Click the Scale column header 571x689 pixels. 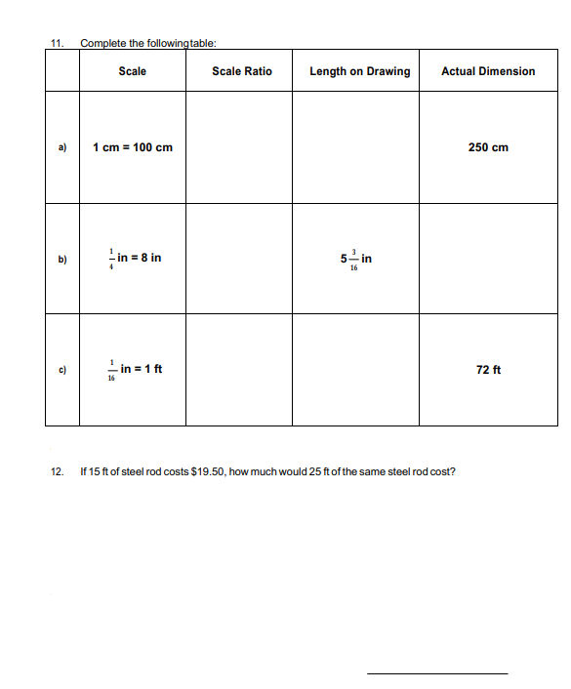coord(132,71)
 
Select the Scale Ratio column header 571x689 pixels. coord(242,71)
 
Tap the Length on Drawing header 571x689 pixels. coord(359,71)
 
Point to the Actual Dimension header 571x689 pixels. coord(488,71)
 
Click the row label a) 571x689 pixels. coord(61,147)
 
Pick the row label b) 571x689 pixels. coord(61,259)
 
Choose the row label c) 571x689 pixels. coord(61,370)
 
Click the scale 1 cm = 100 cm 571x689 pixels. coord(133,147)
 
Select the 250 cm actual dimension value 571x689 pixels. coord(488,147)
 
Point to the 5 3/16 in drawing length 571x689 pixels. coord(356,260)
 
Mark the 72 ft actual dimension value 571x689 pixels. coord(489,370)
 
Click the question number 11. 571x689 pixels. coord(56,43)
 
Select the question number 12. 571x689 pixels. coord(56,472)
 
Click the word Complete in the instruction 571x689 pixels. coord(102,43)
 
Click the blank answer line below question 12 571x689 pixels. coord(436,672)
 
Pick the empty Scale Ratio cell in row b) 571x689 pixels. coord(242,259)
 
